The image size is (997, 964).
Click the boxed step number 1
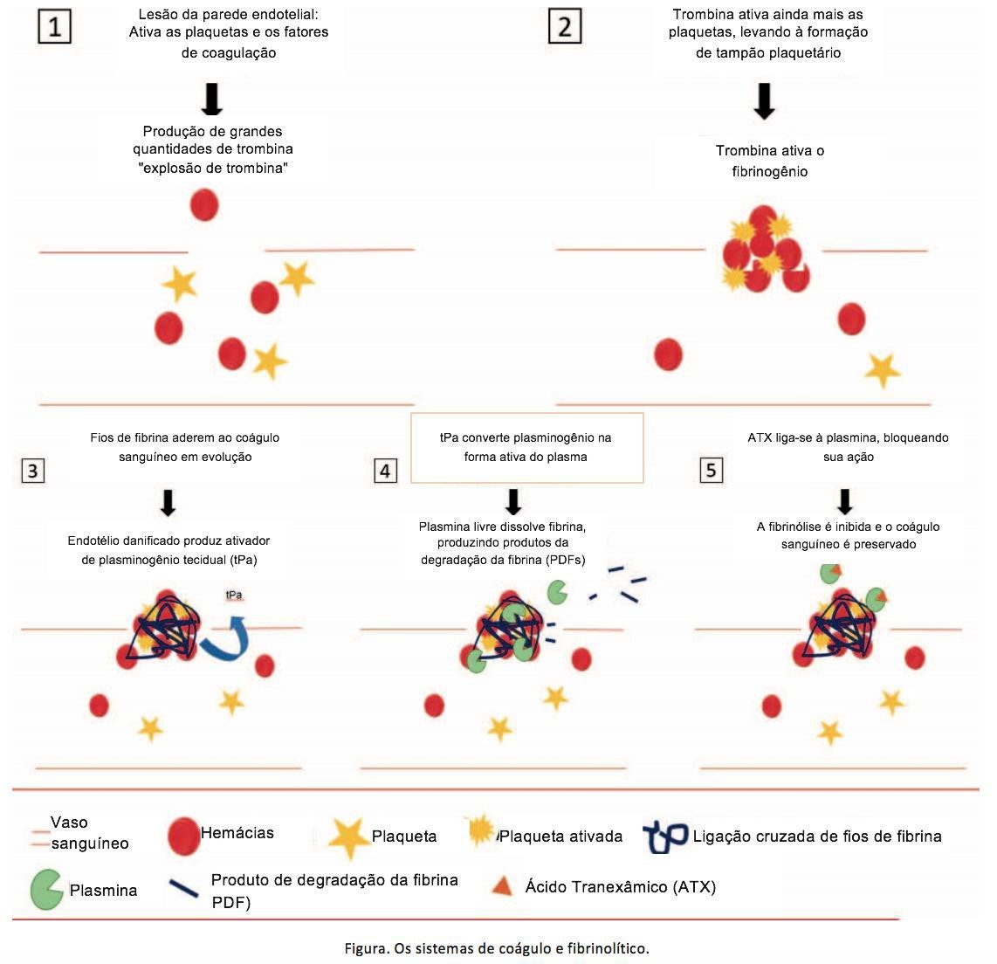(x=55, y=27)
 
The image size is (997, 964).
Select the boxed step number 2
(x=565, y=27)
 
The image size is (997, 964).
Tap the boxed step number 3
(x=33, y=471)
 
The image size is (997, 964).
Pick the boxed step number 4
(x=385, y=471)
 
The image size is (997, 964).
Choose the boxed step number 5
(x=711, y=471)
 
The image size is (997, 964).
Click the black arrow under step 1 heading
(x=212, y=100)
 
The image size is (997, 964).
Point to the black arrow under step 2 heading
(x=764, y=101)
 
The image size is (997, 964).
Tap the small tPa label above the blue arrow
(x=234, y=596)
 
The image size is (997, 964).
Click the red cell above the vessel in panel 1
(x=205, y=204)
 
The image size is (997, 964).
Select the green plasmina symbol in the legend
(x=46, y=890)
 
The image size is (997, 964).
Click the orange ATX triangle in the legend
(x=503, y=885)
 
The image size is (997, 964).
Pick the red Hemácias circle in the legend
(x=183, y=836)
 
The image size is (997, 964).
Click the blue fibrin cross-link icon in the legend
(x=665, y=837)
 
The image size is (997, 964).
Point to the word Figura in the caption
(x=366, y=949)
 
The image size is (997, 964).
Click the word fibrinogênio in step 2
(x=770, y=172)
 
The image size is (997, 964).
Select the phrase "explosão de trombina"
(x=213, y=168)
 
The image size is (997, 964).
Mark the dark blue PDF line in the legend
(x=183, y=888)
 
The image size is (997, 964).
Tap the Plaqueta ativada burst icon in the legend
(x=481, y=830)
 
